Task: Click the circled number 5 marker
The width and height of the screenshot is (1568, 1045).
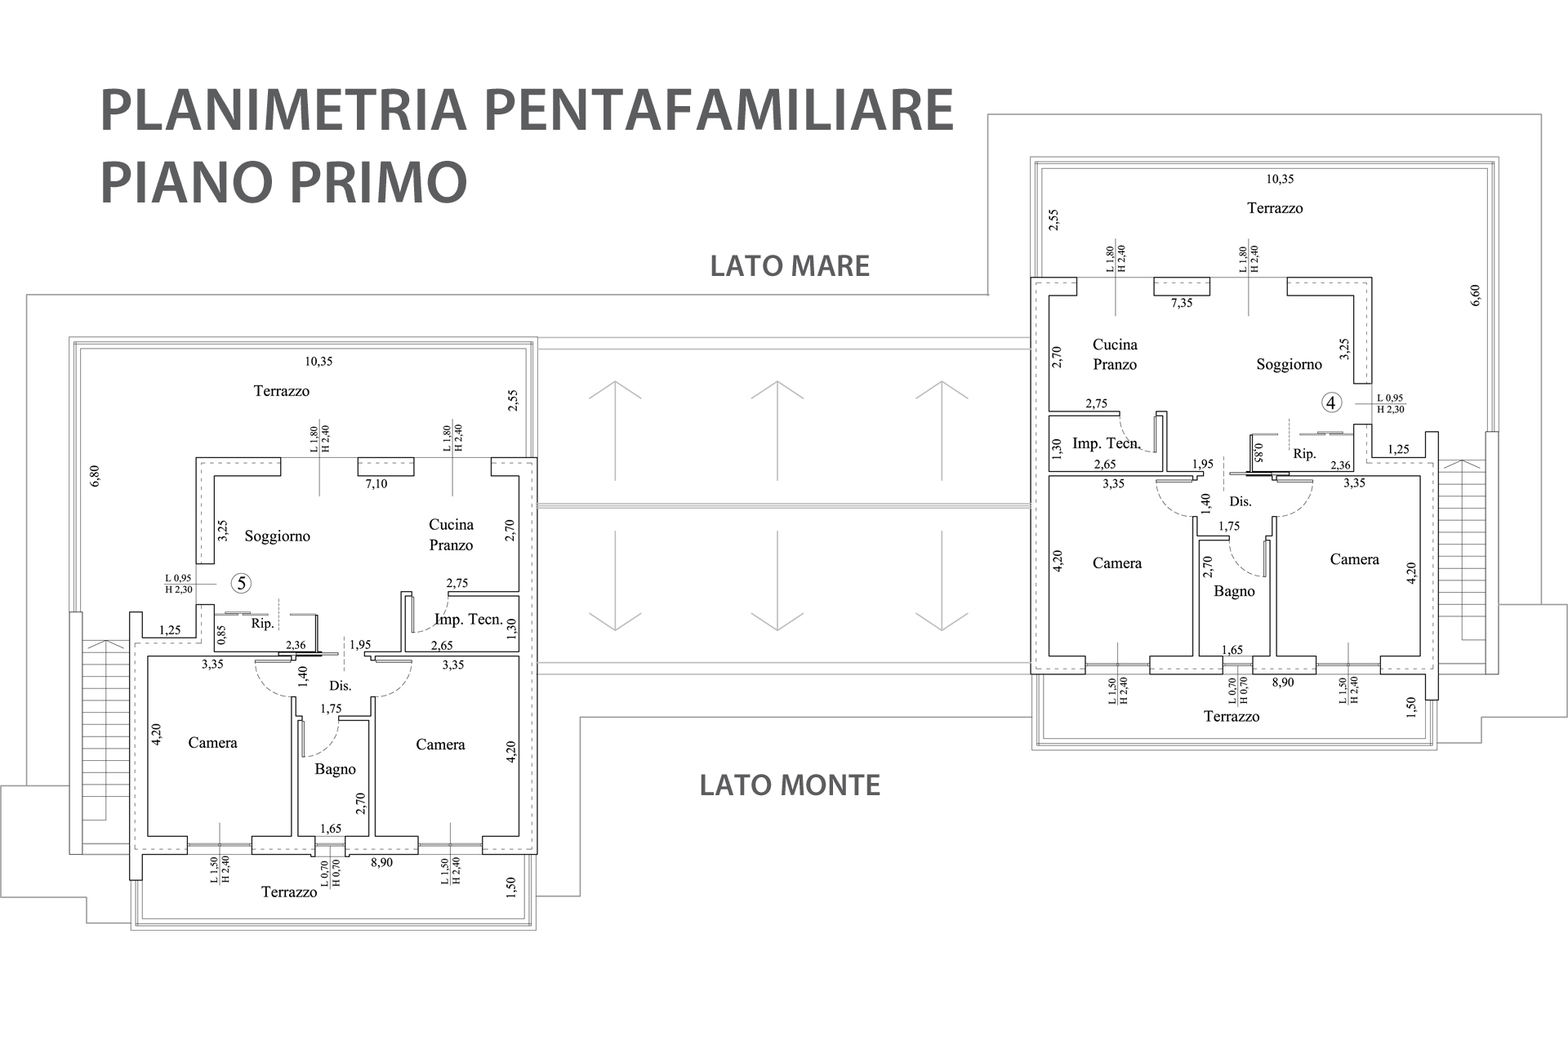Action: pyautogui.click(x=241, y=583)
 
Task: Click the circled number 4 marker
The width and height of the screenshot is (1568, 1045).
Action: pyautogui.click(x=1332, y=402)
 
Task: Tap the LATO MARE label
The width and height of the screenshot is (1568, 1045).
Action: pyautogui.click(x=790, y=266)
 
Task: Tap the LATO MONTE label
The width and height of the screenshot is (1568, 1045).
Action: pyautogui.click(x=790, y=785)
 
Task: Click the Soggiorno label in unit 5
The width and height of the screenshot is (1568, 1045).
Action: pyautogui.click(x=278, y=536)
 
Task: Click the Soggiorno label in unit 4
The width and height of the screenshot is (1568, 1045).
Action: pyautogui.click(x=1289, y=365)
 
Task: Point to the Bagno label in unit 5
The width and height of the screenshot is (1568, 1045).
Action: pyautogui.click(x=335, y=769)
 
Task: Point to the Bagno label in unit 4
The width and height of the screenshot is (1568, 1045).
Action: pyautogui.click(x=1234, y=591)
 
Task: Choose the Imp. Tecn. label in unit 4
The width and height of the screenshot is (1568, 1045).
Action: pyautogui.click(x=1106, y=443)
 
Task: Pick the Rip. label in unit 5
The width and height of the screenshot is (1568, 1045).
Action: pyautogui.click(x=262, y=624)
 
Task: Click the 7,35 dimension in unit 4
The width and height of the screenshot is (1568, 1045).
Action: pyautogui.click(x=1182, y=303)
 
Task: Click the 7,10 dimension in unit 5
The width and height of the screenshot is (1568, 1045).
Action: pyautogui.click(x=376, y=484)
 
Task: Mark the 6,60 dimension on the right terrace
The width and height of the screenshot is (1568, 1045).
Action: pyautogui.click(x=1475, y=296)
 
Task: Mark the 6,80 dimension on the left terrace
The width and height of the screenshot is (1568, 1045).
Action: pyautogui.click(x=95, y=476)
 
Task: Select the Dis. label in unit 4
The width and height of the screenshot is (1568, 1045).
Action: pyautogui.click(x=1241, y=501)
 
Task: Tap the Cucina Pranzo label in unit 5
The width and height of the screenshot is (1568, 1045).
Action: pyautogui.click(x=451, y=535)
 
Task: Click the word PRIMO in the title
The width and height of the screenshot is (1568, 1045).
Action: pyautogui.click(x=377, y=181)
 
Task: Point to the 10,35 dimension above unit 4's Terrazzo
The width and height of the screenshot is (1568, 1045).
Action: pyautogui.click(x=1280, y=179)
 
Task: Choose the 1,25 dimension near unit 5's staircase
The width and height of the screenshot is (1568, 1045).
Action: pyautogui.click(x=170, y=630)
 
